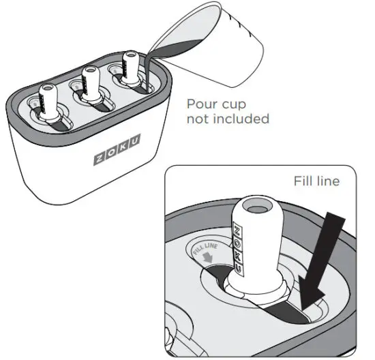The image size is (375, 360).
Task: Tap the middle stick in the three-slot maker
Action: (x=90, y=85)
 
